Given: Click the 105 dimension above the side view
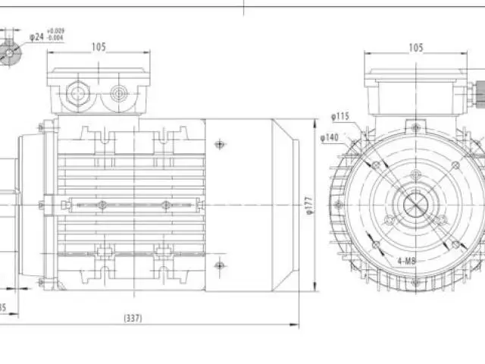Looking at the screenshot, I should tap(98, 47).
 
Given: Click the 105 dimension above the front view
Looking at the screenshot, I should tap(415, 48).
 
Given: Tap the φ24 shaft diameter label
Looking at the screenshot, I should tap(36, 36).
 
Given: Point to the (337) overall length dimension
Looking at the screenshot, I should tap(133, 318).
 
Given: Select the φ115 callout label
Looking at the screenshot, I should tap(339, 116).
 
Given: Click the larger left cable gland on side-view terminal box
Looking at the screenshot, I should tap(78, 95).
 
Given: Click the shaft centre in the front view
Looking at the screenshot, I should tap(415, 205).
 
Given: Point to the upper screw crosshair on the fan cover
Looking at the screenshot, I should tap(219, 144).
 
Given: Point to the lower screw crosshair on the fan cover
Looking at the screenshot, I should tap(219, 265).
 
